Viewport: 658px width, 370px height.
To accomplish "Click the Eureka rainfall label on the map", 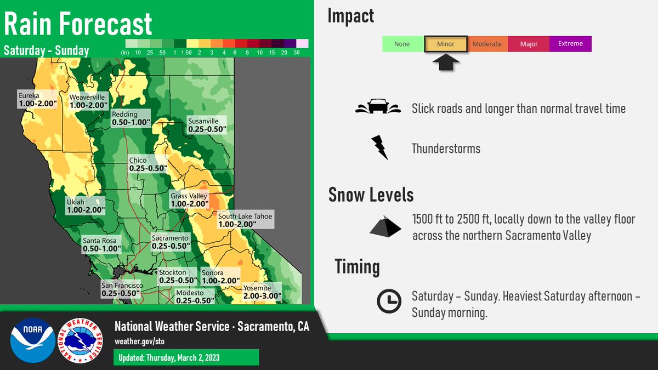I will click(37, 99).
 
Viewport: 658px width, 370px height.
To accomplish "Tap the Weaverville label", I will click(88, 101).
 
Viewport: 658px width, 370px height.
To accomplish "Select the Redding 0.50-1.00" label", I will click(131, 118).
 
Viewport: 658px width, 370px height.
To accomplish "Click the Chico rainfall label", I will click(147, 164).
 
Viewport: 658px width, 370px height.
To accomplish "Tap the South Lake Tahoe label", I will click(245, 220).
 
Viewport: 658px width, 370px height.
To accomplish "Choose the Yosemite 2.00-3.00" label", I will click(262, 292).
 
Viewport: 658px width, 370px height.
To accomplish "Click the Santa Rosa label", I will click(101, 244).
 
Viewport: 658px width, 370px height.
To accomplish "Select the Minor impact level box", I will click(445, 44).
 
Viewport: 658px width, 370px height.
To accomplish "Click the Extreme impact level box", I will click(570, 44).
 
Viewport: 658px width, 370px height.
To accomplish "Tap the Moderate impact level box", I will click(487, 44).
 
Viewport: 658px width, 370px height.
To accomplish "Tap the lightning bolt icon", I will click(379, 148).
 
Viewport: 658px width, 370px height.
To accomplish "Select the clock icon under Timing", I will click(388, 301).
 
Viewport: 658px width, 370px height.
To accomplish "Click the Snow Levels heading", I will click(371, 195).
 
